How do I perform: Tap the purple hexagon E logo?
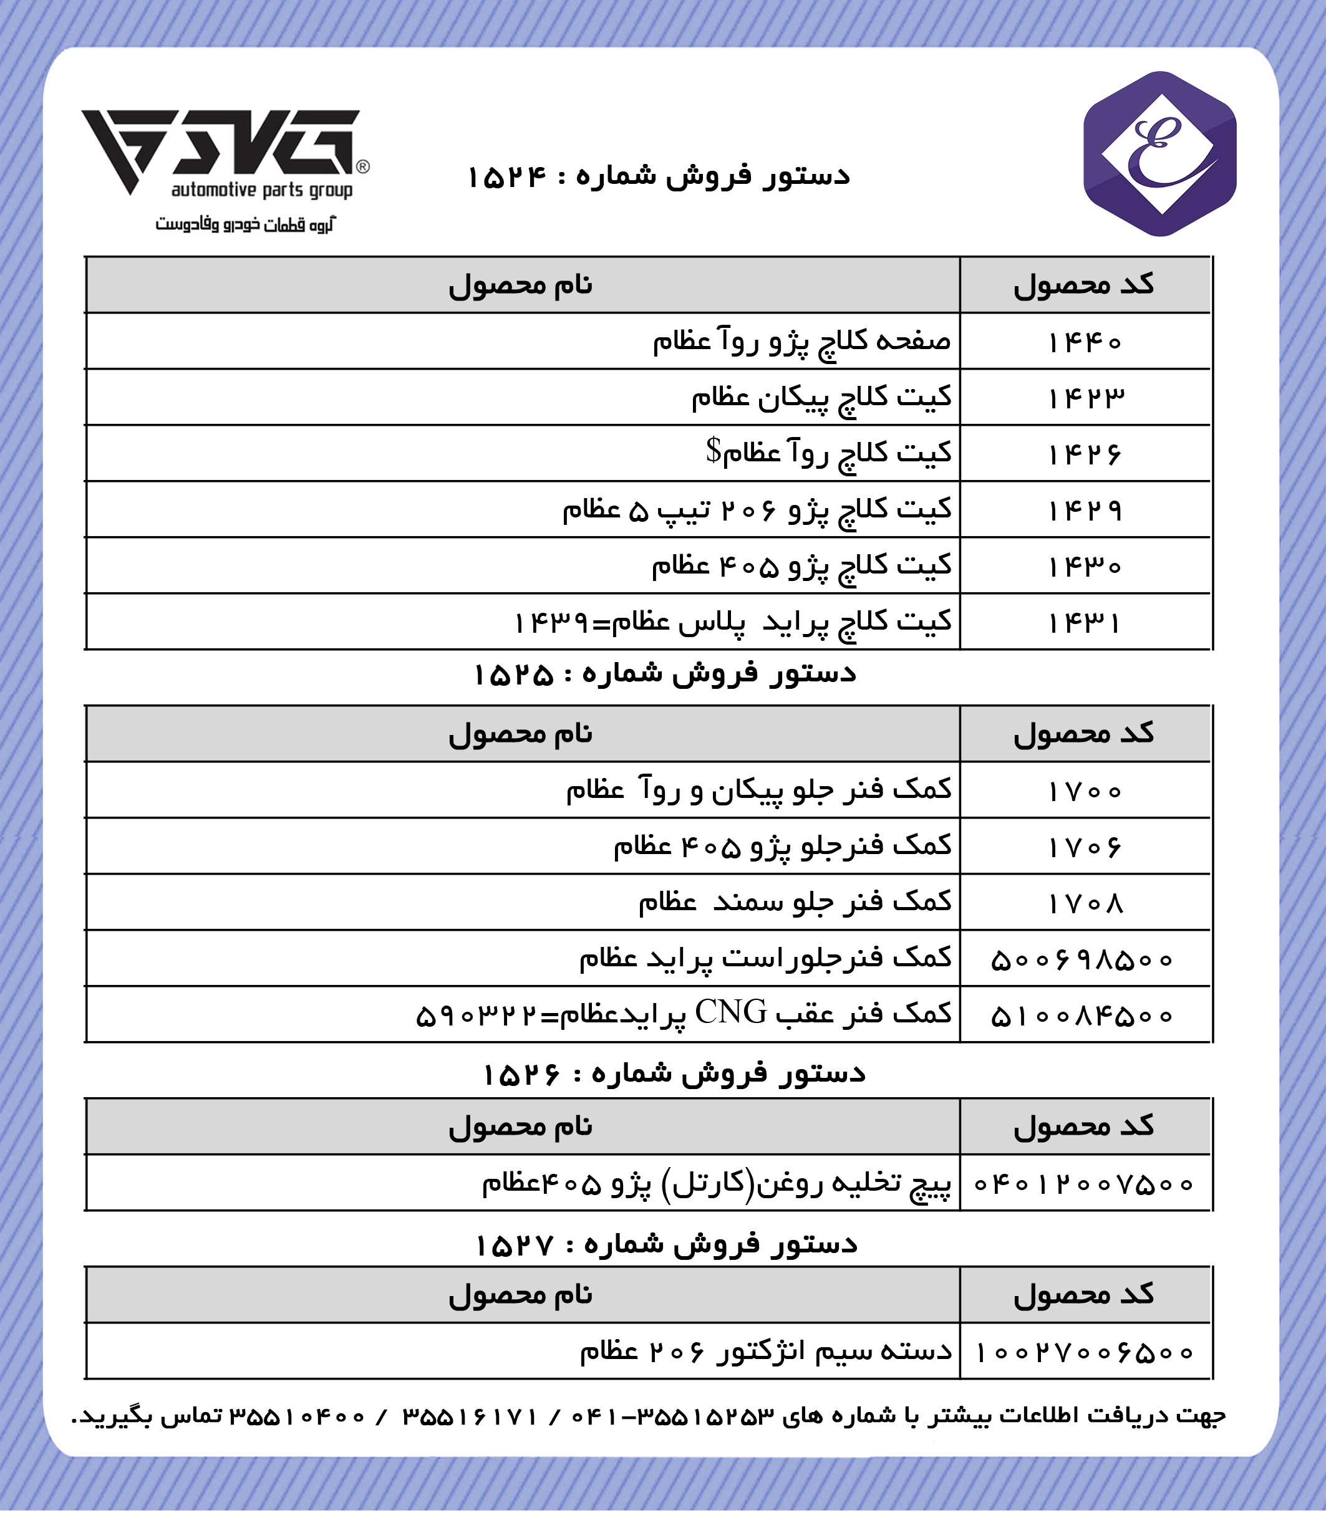coord(1159,154)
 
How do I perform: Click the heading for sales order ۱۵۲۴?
coord(659,176)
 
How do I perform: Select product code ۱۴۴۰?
coord(1085,342)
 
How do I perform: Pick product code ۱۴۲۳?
coord(1085,398)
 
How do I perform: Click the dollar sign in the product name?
coord(712,449)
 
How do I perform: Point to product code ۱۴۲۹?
coord(1085,510)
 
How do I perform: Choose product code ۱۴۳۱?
coord(1085,623)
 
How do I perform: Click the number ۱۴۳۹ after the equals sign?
coord(551,623)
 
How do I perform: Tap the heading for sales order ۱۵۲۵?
coord(664,675)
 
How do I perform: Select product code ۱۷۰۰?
coord(1085,791)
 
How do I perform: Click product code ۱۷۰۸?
coord(1085,903)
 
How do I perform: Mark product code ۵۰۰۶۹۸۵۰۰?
coord(1082,960)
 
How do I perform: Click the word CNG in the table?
coord(730,1012)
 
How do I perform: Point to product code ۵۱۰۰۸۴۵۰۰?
coord(1082,1016)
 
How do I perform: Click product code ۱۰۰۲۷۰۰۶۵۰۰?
coord(1085,1353)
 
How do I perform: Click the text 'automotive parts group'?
coord(262,190)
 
